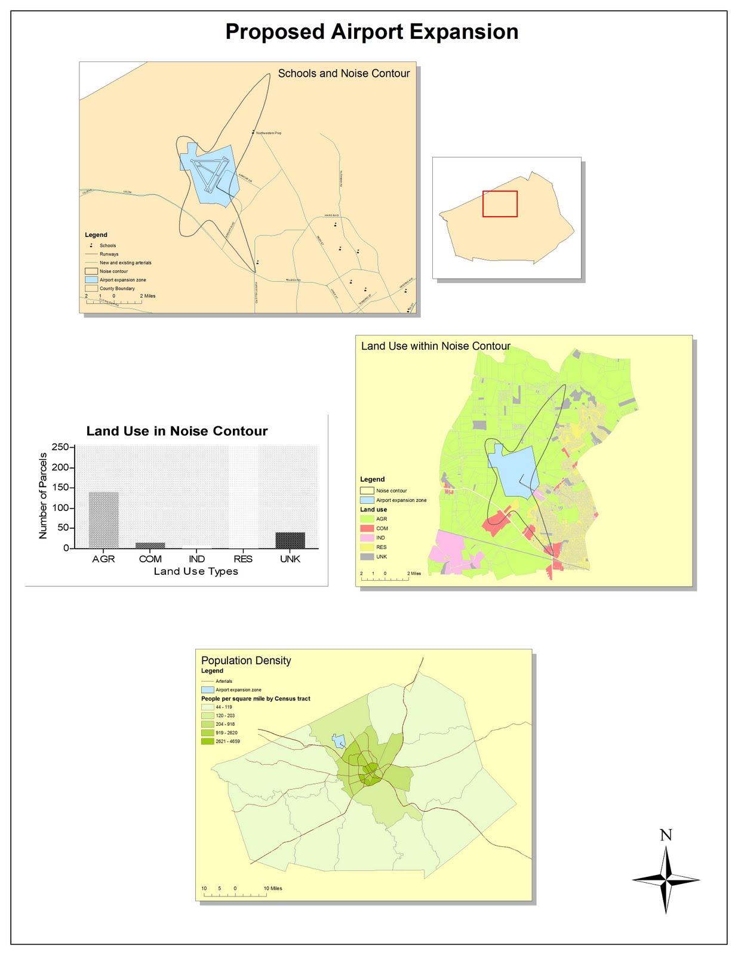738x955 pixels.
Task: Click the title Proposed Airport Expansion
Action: tap(371, 32)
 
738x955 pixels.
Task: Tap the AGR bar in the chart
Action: tap(103, 520)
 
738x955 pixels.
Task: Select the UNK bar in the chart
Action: tap(290, 540)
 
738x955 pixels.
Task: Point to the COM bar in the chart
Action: tap(150, 546)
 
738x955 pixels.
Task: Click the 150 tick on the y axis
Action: tap(60, 488)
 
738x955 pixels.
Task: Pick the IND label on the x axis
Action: tap(196, 559)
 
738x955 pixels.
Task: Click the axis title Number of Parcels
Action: tap(43, 496)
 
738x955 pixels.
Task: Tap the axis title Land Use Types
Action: tap(196, 572)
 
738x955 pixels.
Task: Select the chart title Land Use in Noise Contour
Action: tap(177, 431)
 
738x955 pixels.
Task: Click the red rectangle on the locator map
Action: tap(500, 204)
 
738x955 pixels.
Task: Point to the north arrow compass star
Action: tap(666, 879)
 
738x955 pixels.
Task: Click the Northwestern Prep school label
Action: tap(269, 133)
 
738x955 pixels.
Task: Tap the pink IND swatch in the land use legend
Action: tap(367, 538)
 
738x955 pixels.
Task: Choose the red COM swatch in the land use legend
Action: tap(367, 528)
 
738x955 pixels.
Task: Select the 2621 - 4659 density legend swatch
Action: tap(207, 741)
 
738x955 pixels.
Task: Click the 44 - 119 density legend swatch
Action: tap(207, 707)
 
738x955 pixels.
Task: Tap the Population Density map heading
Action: tap(246, 661)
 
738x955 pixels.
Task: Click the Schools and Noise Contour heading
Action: tap(344, 73)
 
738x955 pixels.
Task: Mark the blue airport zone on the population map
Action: tap(339, 741)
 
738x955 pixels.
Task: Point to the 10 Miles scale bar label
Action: tap(273, 888)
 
